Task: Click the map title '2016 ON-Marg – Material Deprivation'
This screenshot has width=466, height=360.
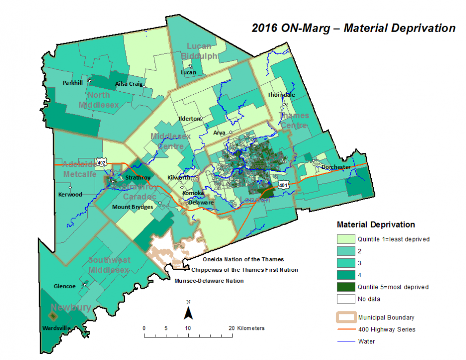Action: [x=353, y=28]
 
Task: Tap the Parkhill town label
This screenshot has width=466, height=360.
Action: [x=73, y=83]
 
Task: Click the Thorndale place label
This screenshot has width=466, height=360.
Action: [x=281, y=94]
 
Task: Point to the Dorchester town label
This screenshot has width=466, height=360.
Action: [x=336, y=167]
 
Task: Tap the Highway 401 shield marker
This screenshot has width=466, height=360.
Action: [x=284, y=185]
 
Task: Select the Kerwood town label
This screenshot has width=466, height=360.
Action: [x=70, y=194]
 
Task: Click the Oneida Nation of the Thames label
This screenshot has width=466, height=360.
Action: [x=243, y=259]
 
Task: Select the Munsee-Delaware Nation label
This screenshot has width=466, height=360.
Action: [x=209, y=281]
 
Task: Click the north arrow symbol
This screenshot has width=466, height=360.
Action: [x=188, y=311]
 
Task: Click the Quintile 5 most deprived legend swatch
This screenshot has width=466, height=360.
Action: [x=345, y=287]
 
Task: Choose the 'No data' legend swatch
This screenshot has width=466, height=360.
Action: [x=345, y=299]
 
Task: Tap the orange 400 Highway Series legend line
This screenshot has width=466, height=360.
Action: [x=345, y=329]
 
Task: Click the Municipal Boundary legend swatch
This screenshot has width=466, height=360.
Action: [x=345, y=317]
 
